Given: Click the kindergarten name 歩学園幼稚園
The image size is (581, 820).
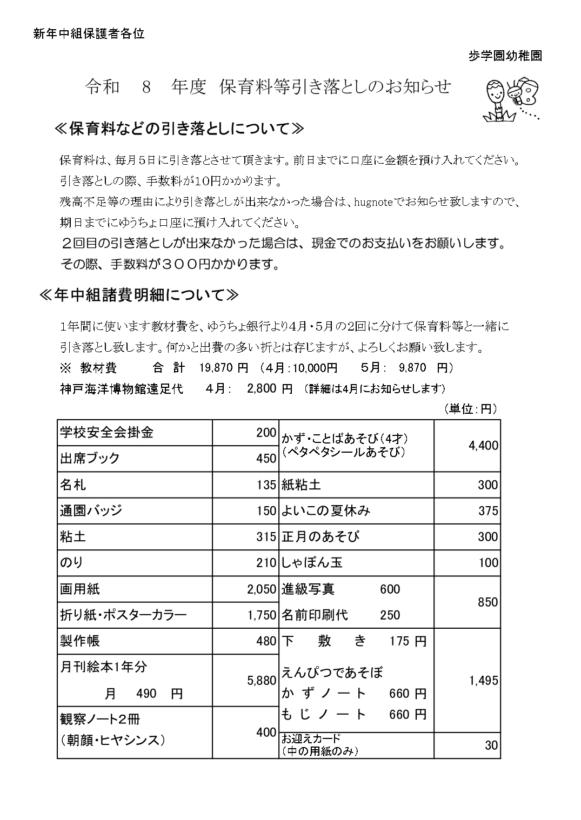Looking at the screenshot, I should coord(505,56).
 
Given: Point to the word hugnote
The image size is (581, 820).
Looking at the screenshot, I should coord(378,202).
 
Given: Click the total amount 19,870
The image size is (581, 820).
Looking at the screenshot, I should coord(215,368).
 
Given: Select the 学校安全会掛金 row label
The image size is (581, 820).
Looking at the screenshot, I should coord(106,432).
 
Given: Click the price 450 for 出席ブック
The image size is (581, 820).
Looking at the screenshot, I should coord(266,459).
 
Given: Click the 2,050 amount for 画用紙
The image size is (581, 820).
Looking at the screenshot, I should coord(262,589).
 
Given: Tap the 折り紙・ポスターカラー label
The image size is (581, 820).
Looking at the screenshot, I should coord(123,615).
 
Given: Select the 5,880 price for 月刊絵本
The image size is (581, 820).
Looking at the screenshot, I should coord(262,681).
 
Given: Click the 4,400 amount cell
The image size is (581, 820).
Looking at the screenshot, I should coord(484,446).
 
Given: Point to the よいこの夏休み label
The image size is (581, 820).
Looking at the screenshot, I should coord(325,510).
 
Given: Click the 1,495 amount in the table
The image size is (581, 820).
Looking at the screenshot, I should coord(483,681).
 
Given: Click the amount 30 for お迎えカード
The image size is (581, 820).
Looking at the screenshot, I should coord(491,745).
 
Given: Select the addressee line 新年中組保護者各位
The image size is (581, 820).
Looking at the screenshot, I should coord(89,34).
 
